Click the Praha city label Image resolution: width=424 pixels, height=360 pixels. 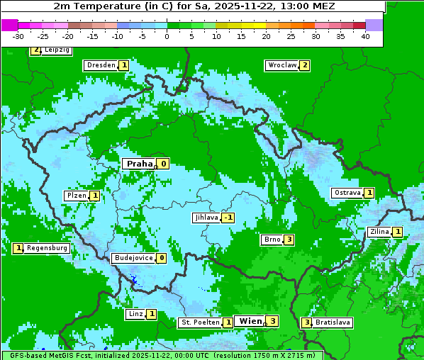139,164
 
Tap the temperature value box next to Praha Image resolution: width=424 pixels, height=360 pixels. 163,164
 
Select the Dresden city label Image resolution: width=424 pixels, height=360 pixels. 101,65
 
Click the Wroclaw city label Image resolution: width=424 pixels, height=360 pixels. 281,65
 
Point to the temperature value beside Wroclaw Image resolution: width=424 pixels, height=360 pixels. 304,65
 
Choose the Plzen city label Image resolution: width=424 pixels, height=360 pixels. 76,196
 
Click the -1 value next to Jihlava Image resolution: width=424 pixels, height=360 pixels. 228,218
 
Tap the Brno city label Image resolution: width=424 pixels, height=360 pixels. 272,240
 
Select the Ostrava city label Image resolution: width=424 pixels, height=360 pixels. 347,193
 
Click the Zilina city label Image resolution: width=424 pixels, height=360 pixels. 379,232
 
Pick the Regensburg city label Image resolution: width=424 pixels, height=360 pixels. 47,248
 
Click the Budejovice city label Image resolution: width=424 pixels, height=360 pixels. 133,258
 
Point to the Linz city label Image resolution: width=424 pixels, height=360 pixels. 135,314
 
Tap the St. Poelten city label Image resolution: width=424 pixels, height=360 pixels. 199,322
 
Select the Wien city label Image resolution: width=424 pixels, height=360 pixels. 250,321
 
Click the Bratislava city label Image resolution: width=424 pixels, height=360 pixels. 333,322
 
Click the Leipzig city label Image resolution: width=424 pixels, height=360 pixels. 56,50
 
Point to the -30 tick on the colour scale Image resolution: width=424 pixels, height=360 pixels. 18,36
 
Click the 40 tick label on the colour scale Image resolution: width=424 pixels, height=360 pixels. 365,36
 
